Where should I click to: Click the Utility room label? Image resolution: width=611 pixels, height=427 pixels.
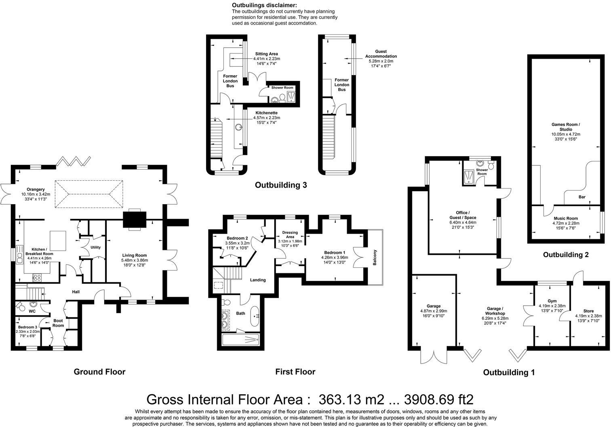95,247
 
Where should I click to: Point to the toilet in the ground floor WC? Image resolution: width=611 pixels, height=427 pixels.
20,307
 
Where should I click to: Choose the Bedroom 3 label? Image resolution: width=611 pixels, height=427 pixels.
27,327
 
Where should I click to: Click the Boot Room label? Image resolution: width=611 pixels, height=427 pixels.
58,323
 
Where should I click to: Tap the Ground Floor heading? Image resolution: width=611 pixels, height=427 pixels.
99,372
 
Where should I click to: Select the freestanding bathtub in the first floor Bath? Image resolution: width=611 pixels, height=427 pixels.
255,316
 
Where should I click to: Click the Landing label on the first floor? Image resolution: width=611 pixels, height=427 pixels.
258,280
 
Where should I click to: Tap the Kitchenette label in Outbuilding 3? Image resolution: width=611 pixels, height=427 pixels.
266,113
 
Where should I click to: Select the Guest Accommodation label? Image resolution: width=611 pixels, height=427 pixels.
381,54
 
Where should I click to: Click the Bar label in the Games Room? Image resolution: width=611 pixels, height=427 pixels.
582,197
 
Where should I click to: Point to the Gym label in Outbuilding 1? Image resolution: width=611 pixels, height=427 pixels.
552,301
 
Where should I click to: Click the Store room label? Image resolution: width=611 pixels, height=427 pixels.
589,311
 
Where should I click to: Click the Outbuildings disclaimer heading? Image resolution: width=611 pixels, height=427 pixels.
264,5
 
